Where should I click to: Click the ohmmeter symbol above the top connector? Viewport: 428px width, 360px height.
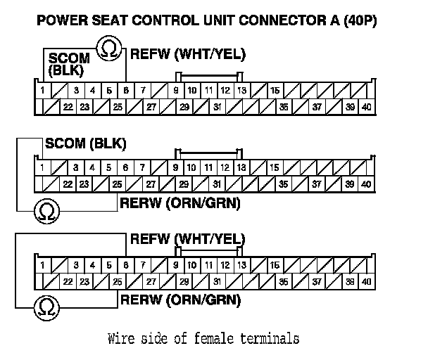(x=108, y=47)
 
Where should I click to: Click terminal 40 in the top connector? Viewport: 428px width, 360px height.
(x=366, y=107)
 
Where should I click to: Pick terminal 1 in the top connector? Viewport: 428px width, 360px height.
(x=43, y=91)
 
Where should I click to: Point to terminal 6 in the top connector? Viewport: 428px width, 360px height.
(x=125, y=91)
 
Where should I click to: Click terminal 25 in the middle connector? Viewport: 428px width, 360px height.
(x=117, y=184)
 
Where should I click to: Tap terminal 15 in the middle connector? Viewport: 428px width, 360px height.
(x=274, y=168)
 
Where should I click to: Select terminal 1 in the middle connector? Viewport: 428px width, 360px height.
(x=43, y=168)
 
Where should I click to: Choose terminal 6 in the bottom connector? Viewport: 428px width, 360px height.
(x=125, y=265)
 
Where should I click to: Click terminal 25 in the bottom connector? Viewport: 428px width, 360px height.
(x=117, y=281)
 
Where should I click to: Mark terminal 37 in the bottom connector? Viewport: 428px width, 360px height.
(x=317, y=281)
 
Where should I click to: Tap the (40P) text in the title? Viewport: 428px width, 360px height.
(x=358, y=20)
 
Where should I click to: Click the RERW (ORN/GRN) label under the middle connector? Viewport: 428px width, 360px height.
(x=180, y=204)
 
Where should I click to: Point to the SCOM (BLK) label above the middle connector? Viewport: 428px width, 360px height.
(x=85, y=144)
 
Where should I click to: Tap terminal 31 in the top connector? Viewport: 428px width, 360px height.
(x=218, y=107)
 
